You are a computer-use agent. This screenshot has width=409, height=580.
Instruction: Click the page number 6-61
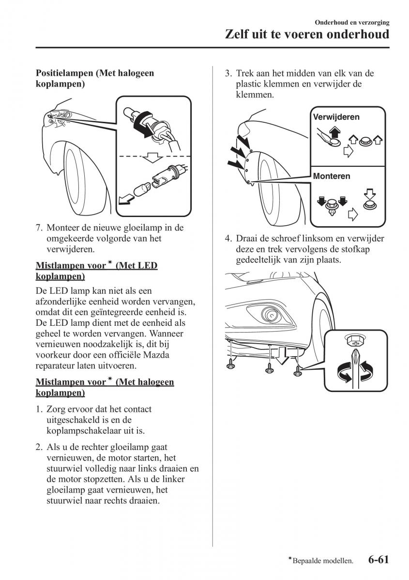pyautogui.click(x=378, y=560)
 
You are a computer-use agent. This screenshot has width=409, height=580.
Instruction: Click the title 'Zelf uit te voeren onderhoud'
pyautogui.click(x=308, y=35)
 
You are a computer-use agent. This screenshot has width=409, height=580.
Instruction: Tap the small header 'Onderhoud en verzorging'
pyautogui.click(x=352, y=22)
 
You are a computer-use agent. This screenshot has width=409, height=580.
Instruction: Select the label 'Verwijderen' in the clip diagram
pyautogui.click(x=336, y=117)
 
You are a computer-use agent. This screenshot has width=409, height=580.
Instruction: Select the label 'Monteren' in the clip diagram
pyautogui.click(x=332, y=176)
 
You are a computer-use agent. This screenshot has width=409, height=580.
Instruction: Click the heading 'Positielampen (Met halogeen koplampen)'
pyautogui.click(x=95, y=79)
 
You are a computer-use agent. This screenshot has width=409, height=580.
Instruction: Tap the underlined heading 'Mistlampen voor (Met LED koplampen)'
pyautogui.click(x=96, y=271)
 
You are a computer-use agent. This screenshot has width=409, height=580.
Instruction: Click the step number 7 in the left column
pyautogui.click(x=39, y=228)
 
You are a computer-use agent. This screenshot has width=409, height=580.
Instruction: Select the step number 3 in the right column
pyautogui.click(x=228, y=74)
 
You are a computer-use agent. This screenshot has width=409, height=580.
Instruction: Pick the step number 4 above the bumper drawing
pyautogui.click(x=228, y=239)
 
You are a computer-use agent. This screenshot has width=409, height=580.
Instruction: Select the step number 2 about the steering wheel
pyautogui.click(x=39, y=448)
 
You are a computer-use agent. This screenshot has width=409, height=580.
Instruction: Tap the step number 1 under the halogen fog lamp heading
pyautogui.click(x=39, y=409)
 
